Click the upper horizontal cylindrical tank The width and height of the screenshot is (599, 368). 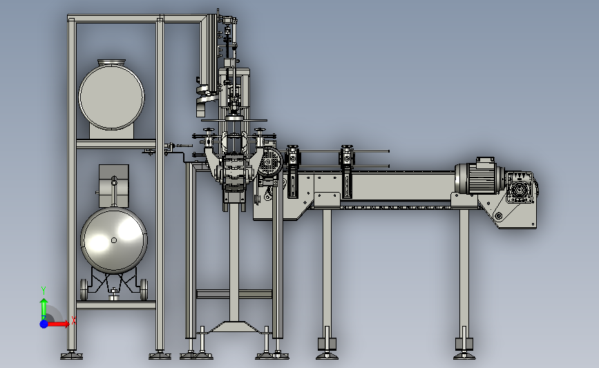click(111, 97)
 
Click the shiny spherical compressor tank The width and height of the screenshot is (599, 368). click(114, 240)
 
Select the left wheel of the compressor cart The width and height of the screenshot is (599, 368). click(84, 289)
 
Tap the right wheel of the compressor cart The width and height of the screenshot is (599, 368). click(144, 289)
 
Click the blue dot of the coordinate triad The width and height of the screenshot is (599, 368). click(44, 324)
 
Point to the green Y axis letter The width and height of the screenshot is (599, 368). click(44, 291)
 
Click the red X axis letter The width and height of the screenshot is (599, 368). click(73, 321)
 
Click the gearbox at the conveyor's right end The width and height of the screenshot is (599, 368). click(521, 188)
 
